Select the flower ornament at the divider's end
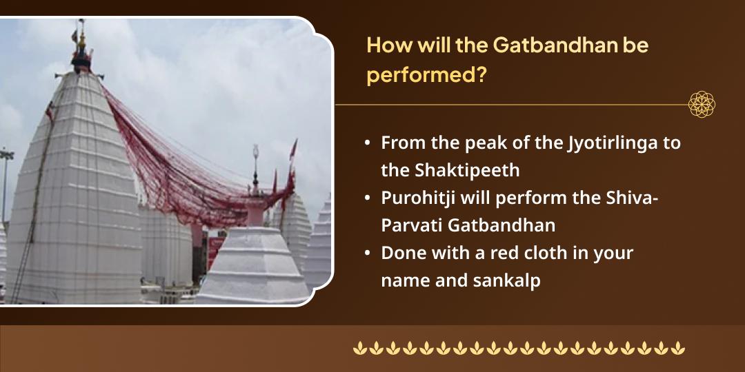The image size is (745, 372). tap(702, 105)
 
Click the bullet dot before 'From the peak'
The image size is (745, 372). tap(368, 144)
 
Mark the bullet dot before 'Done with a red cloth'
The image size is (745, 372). tap(368, 254)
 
